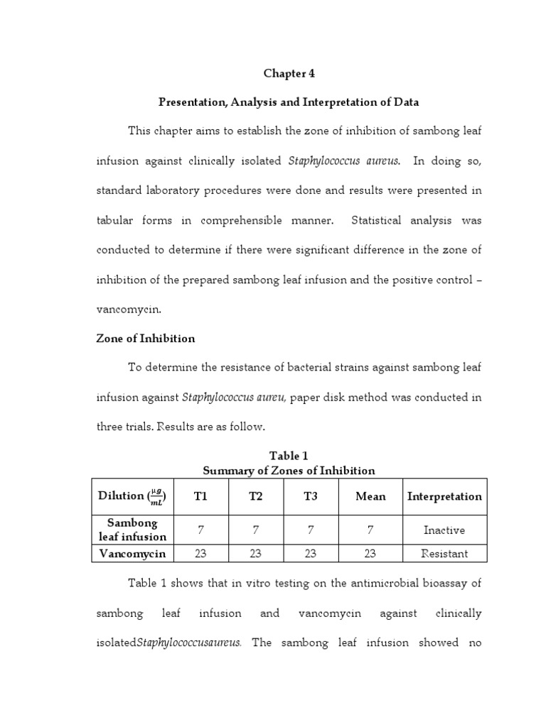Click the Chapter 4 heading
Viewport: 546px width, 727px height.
tap(289, 73)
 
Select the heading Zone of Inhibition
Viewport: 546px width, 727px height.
tap(145, 339)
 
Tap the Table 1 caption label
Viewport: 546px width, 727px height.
tap(289, 456)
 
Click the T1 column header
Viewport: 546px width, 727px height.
tap(200, 496)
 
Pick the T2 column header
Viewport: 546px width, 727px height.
tap(255, 496)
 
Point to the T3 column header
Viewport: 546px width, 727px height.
tap(311, 496)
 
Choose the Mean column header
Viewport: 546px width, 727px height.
tap(370, 496)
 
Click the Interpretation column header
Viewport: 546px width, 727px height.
tap(444, 496)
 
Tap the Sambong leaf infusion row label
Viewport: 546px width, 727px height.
tap(132, 530)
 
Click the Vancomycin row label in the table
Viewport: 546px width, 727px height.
tap(132, 553)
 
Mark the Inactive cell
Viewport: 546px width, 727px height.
tap(444, 530)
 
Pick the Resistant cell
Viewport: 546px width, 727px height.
tap(444, 553)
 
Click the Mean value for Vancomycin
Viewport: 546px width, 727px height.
tap(370, 553)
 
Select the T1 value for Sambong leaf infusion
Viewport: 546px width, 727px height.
tap(200, 530)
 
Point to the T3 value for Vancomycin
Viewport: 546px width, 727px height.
tap(311, 553)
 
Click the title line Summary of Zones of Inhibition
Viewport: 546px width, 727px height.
tap(289, 471)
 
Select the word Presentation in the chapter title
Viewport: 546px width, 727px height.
tap(190, 102)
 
